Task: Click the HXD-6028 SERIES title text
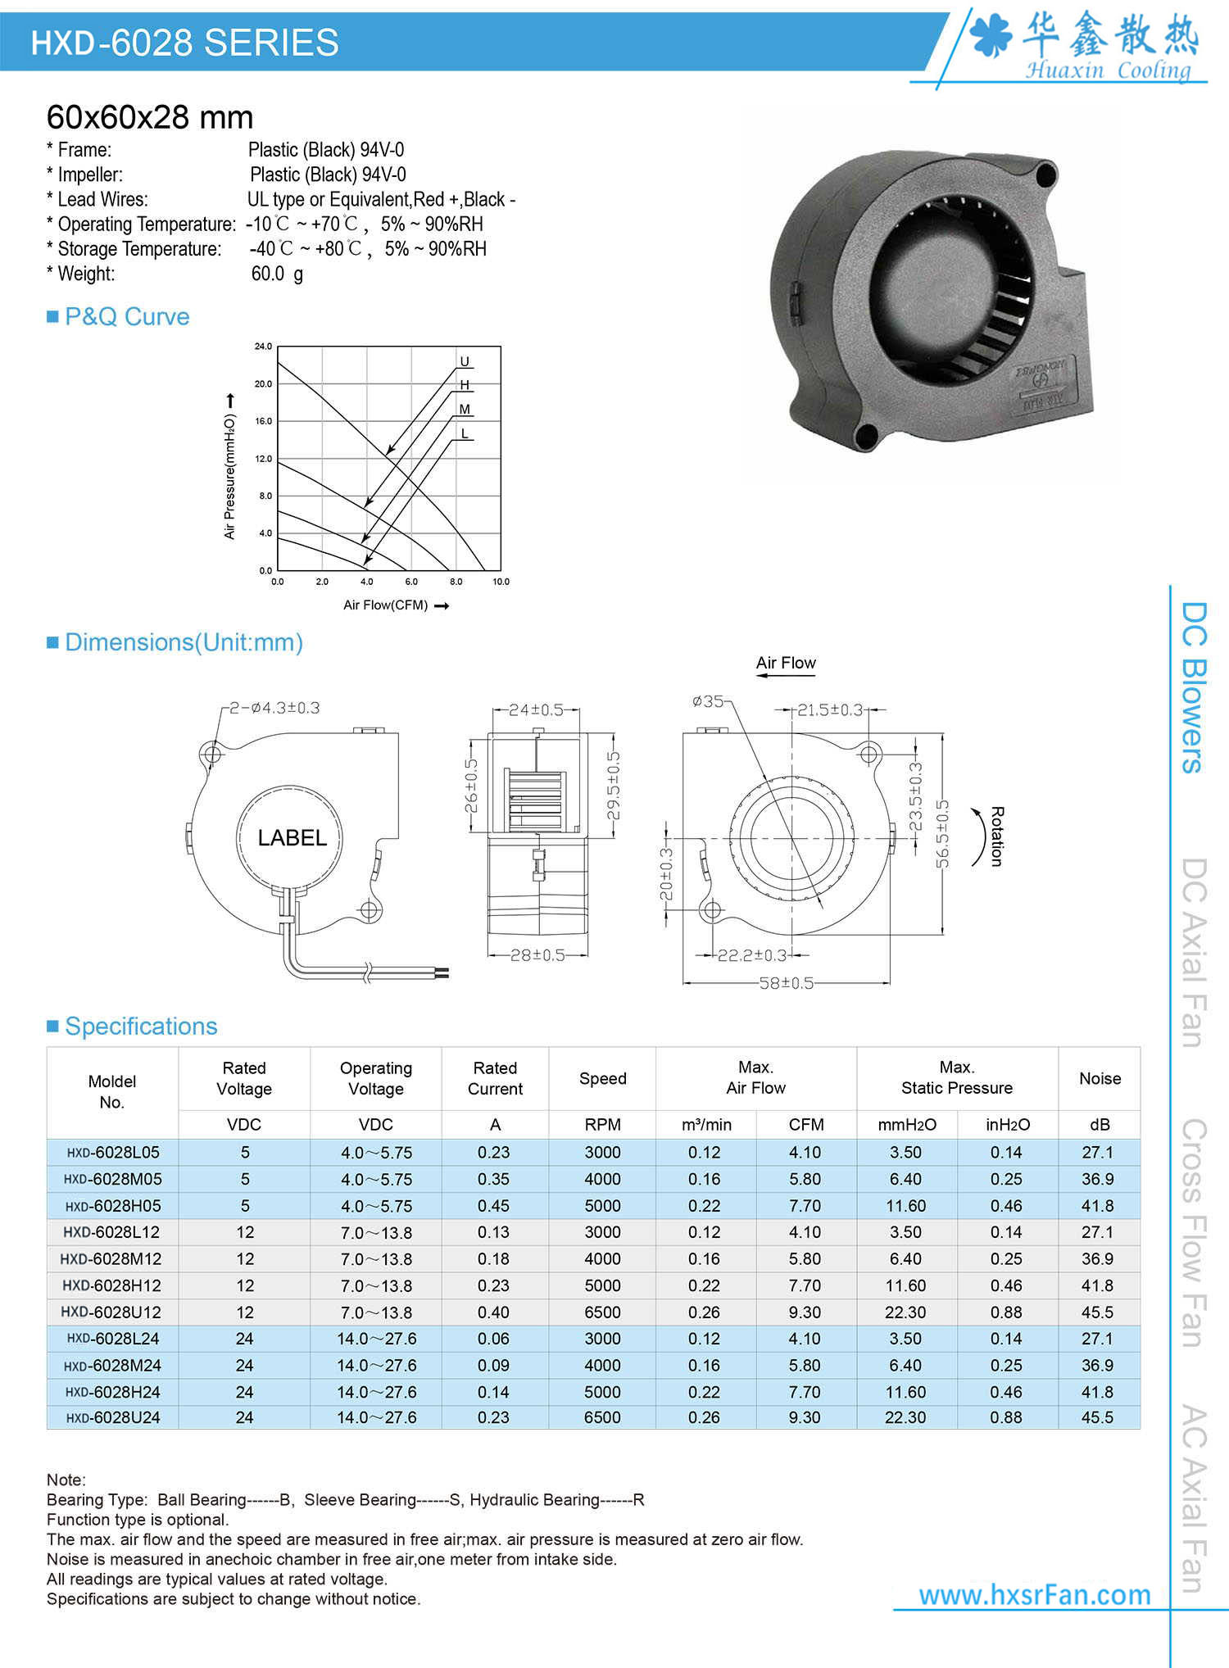pos(184,43)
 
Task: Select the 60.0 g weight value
pos(277,274)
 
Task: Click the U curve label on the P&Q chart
pos(465,361)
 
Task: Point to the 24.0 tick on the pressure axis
pos(263,347)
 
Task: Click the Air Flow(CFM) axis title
pos(386,605)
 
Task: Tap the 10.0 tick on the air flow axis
pos(501,582)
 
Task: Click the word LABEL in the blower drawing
pos(292,837)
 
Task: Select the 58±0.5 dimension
pos(786,983)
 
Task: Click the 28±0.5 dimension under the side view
pos(537,955)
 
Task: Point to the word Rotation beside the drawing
pos(996,836)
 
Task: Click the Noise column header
pos(1100,1078)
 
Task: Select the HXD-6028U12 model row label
pos(111,1312)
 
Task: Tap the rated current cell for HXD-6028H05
pos(494,1206)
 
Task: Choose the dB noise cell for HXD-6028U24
pos(1097,1417)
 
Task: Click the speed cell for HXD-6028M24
pos(602,1365)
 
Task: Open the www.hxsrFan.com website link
pos(1034,1594)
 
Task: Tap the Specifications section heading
pos(141,1026)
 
